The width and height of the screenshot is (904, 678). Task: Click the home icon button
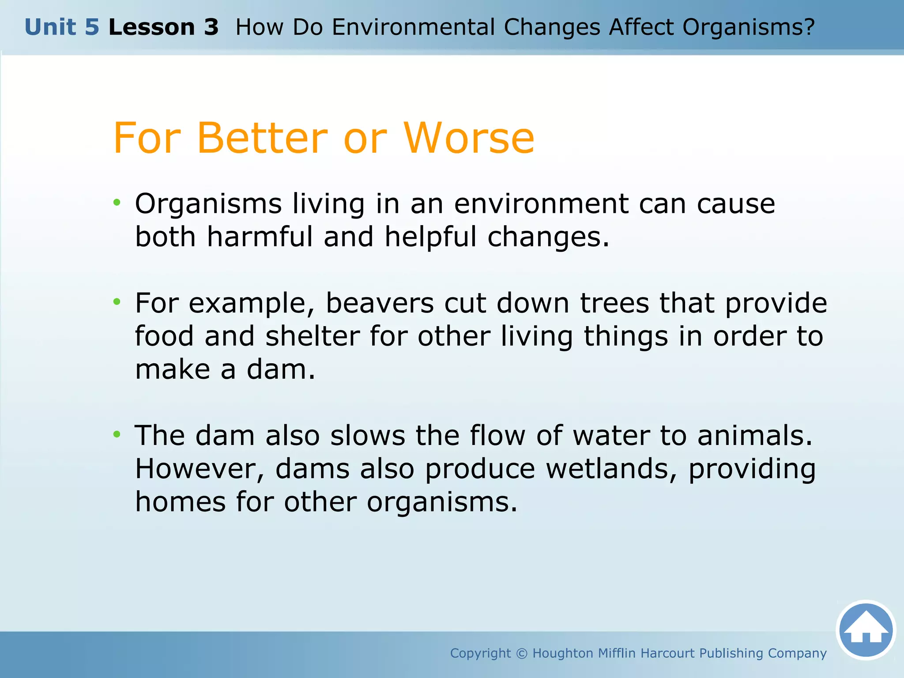click(x=866, y=630)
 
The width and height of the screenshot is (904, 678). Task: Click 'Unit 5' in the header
click(x=62, y=27)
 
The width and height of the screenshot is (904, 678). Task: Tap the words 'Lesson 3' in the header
click(x=163, y=27)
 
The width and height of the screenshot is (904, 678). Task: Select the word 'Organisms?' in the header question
click(x=748, y=27)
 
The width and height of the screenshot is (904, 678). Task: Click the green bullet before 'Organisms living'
click(x=117, y=203)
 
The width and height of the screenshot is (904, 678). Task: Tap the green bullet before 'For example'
click(x=117, y=302)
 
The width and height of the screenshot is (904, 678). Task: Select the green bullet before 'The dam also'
click(x=117, y=434)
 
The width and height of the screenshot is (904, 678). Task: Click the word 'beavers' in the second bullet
click(x=380, y=303)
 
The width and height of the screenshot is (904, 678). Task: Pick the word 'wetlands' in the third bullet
click(x=611, y=469)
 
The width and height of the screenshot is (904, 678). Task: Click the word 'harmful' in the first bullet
click(x=260, y=237)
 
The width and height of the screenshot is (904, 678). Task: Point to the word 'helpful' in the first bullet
click(x=430, y=237)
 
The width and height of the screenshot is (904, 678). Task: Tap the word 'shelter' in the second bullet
click(x=313, y=336)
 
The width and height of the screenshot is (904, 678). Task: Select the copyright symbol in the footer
click(x=521, y=653)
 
